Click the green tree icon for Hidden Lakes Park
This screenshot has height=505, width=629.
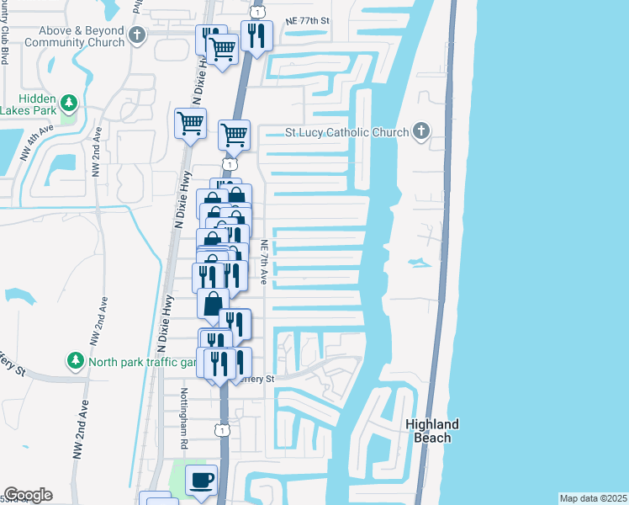click(x=70, y=104)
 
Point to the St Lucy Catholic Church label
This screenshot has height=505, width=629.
click(x=347, y=132)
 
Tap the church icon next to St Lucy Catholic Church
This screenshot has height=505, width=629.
click(x=421, y=131)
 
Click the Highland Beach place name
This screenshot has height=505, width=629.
click(x=432, y=430)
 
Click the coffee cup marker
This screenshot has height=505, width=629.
click(x=201, y=480)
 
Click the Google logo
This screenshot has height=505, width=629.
click(x=28, y=495)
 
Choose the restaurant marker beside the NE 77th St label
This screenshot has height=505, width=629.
click(x=256, y=36)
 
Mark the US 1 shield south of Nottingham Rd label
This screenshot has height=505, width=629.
click(x=221, y=430)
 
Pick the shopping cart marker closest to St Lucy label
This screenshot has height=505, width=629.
click(x=234, y=135)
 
